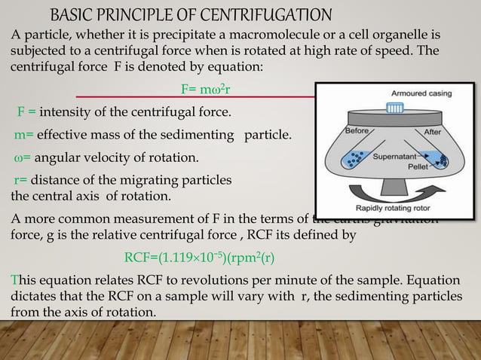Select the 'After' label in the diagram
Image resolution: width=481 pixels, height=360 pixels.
click(433, 131)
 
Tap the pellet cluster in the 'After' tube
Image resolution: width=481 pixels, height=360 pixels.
click(443, 160)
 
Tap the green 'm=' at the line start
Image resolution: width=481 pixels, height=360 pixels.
click(23, 136)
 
